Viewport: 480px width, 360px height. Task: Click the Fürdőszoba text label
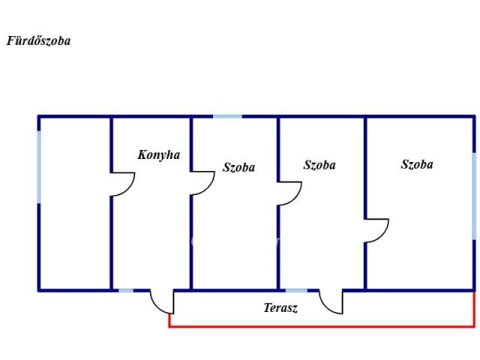pyautogui.click(x=38, y=41)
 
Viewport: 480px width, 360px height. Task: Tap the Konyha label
pyautogui.click(x=159, y=155)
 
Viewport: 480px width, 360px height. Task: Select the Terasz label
pyautogui.click(x=280, y=307)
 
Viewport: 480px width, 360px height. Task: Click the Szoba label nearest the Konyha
pyautogui.click(x=238, y=167)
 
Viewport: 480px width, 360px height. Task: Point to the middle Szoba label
pyautogui.click(x=319, y=165)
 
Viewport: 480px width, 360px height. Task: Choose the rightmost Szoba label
pyautogui.click(x=417, y=164)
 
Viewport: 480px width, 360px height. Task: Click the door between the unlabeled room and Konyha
pyautogui.click(x=122, y=184)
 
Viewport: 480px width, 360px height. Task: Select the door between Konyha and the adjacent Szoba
pyautogui.click(x=202, y=183)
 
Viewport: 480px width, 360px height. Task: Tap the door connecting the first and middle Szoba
pyautogui.click(x=289, y=193)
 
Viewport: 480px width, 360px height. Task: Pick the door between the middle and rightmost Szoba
pyautogui.click(x=376, y=230)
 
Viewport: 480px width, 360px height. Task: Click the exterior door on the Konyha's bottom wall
pyautogui.click(x=161, y=301)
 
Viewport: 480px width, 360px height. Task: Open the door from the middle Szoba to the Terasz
pyautogui.click(x=331, y=301)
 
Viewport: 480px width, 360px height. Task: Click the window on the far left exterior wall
pyautogui.click(x=39, y=166)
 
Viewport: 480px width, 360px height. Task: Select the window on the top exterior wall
pyautogui.click(x=227, y=116)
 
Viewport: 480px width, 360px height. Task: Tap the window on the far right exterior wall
pyautogui.click(x=474, y=196)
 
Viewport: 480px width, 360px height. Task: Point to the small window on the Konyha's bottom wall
pyautogui.click(x=126, y=290)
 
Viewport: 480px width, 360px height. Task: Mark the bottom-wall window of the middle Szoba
pyautogui.click(x=296, y=290)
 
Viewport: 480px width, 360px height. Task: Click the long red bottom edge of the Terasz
pyautogui.click(x=322, y=326)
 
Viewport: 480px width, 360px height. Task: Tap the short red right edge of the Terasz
pyautogui.click(x=474, y=309)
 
